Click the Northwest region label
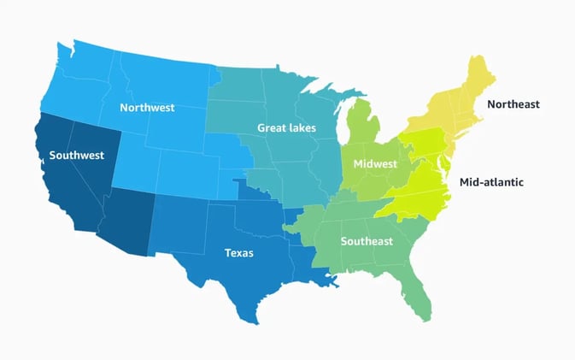[x=147, y=108]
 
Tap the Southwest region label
[x=76, y=155]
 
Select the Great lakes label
[x=286, y=128]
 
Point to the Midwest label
[x=375, y=163]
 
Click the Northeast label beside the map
[x=513, y=104]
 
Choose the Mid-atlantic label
[x=491, y=182]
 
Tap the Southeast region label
[x=367, y=240]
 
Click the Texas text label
[x=238, y=253]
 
